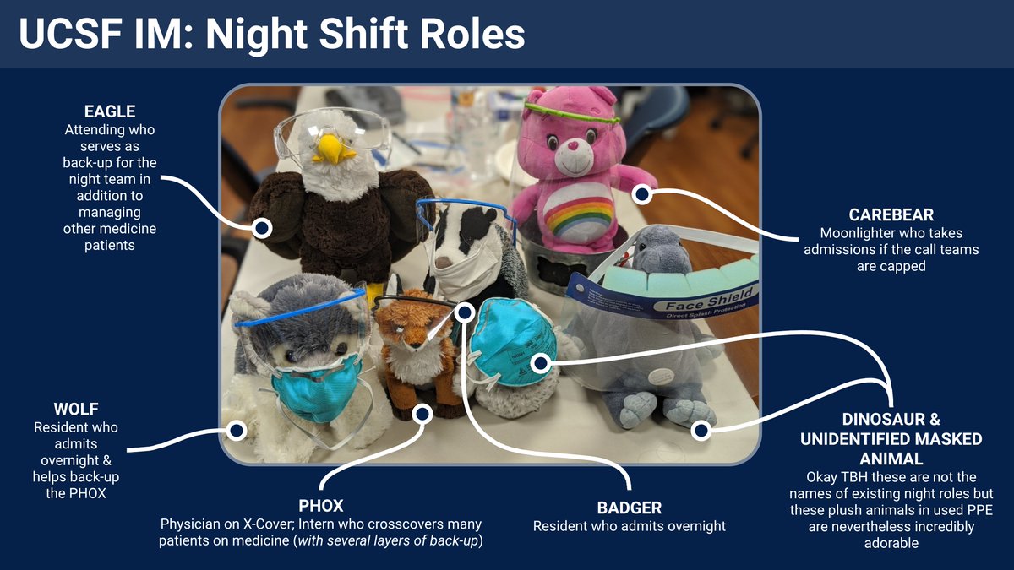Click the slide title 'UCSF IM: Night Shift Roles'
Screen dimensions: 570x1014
tap(272, 35)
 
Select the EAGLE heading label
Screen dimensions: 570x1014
tap(110, 111)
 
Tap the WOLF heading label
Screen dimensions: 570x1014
tap(76, 409)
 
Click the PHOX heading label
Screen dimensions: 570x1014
tap(320, 506)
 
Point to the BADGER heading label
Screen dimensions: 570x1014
tap(629, 508)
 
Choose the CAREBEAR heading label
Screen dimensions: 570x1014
tap(891, 214)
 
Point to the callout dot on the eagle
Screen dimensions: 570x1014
tap(262, 226)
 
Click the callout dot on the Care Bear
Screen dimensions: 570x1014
tap(642, 195)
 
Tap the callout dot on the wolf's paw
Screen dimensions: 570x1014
tap(237, 431)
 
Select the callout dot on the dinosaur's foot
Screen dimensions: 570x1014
tap(700, 431)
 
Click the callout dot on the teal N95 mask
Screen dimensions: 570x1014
tap(541, 363)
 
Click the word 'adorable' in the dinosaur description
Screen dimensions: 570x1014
tap(891, 543)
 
